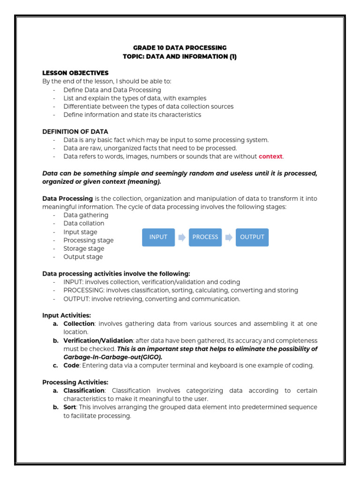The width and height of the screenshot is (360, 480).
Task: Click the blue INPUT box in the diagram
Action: click(158, 237)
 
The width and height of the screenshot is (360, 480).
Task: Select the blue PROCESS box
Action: click(205, 237)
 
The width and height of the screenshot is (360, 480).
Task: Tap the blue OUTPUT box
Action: click(252, 237)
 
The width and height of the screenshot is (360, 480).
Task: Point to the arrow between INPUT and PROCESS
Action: click(182, 237)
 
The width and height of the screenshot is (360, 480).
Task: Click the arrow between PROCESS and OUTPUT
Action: click(229, 237)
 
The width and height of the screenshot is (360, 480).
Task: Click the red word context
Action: click(271, 157)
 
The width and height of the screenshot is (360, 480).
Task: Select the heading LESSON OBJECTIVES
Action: click(75, 73)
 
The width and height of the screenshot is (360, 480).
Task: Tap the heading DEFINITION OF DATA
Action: click(75, 132)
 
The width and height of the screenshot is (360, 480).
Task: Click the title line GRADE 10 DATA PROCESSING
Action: click(180, 48)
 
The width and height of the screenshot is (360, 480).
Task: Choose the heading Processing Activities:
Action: click(75, 382)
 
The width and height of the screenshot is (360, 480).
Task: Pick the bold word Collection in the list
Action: click(79, 324)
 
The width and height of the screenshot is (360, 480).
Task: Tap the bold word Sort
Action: click(70, 407)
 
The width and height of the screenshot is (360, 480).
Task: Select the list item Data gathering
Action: click(86, 215)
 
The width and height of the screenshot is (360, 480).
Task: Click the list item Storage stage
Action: click(84, 248)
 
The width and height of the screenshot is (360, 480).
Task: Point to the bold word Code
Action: click(72, 366)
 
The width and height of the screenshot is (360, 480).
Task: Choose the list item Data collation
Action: click(84, 224)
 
